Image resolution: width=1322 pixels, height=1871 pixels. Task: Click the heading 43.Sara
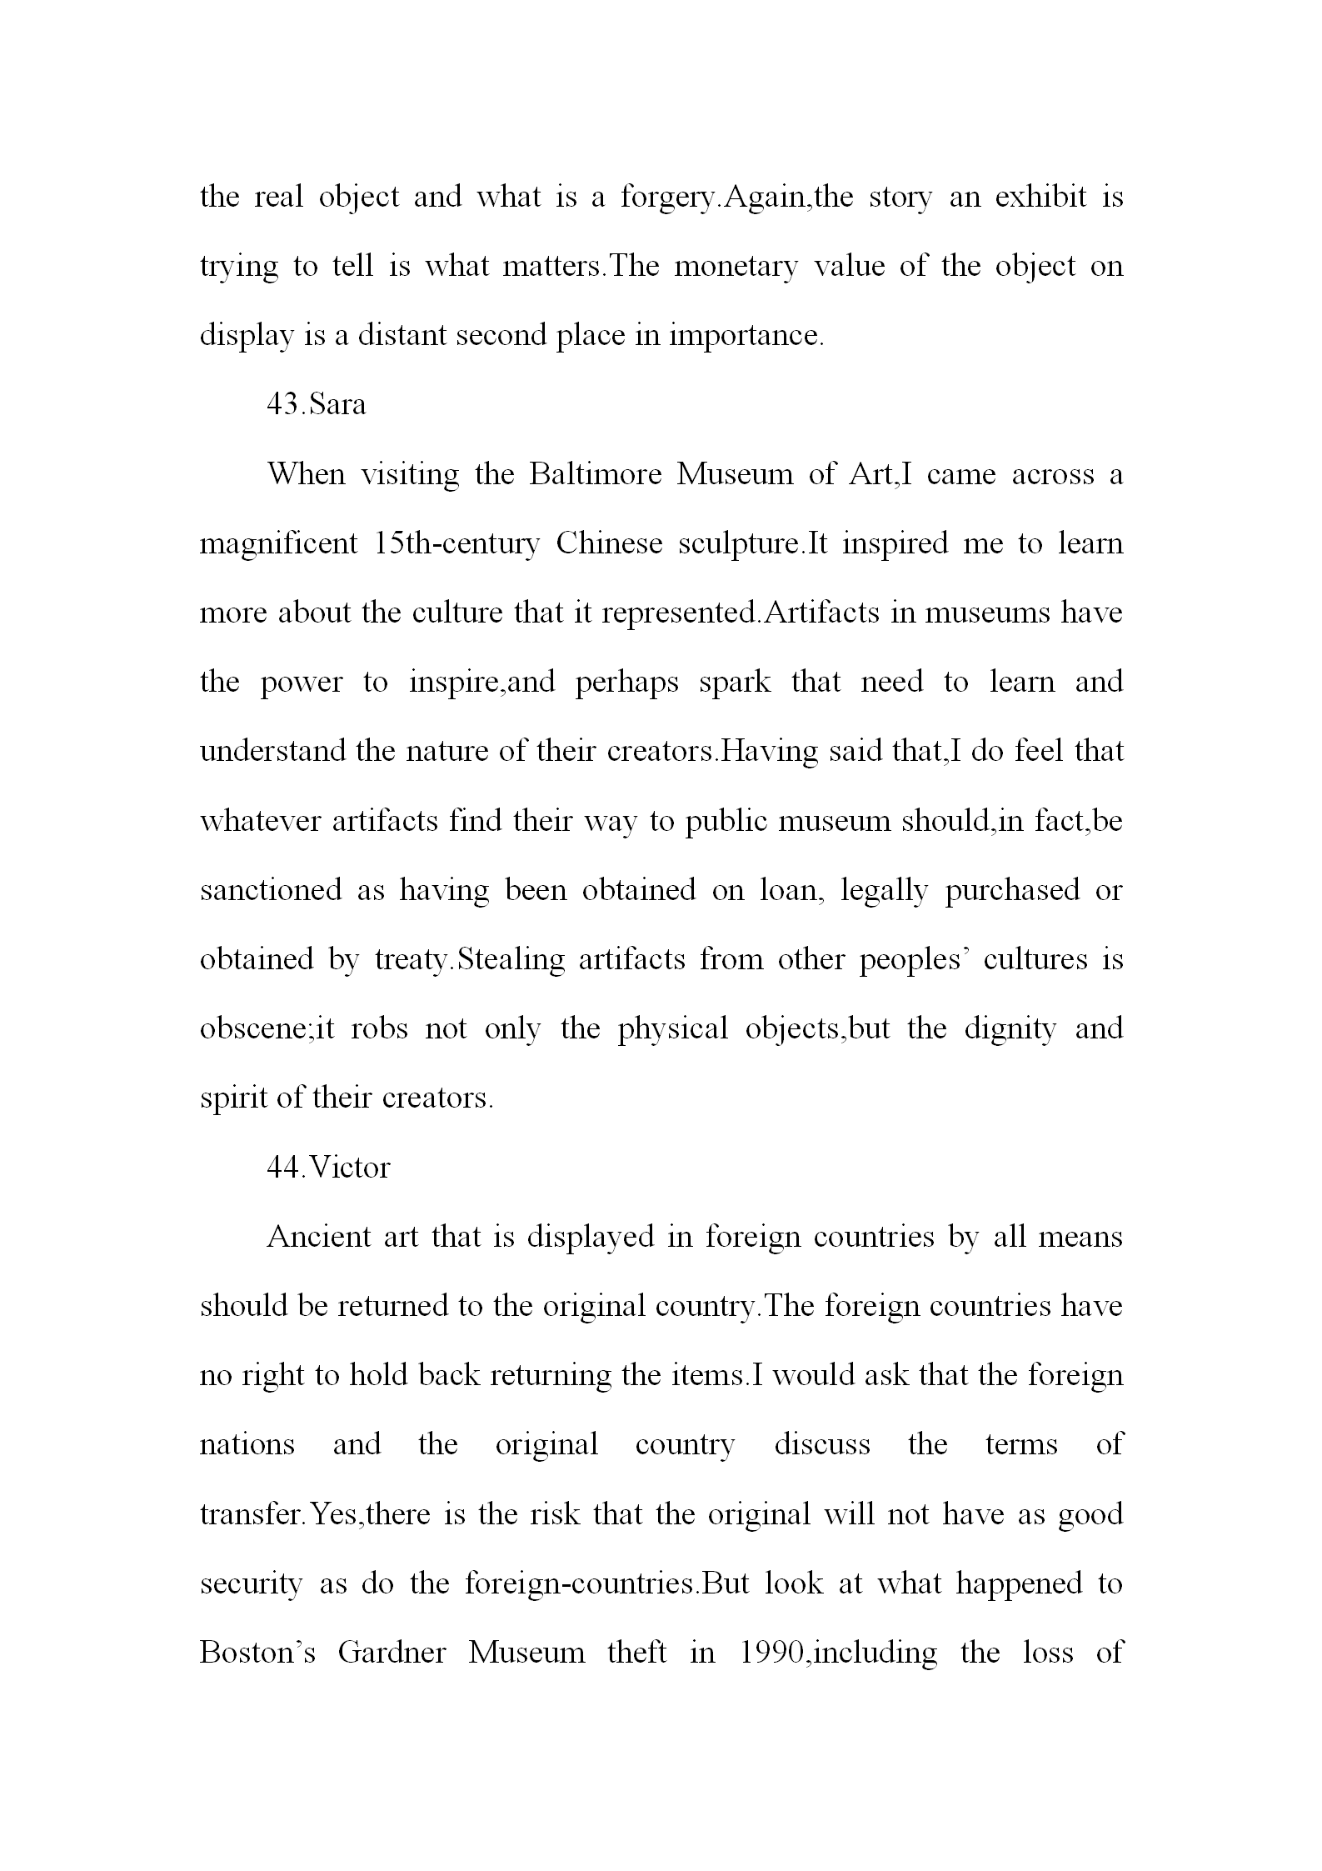tap(316, 405)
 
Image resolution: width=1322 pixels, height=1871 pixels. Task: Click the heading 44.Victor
tap(328, 1168)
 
